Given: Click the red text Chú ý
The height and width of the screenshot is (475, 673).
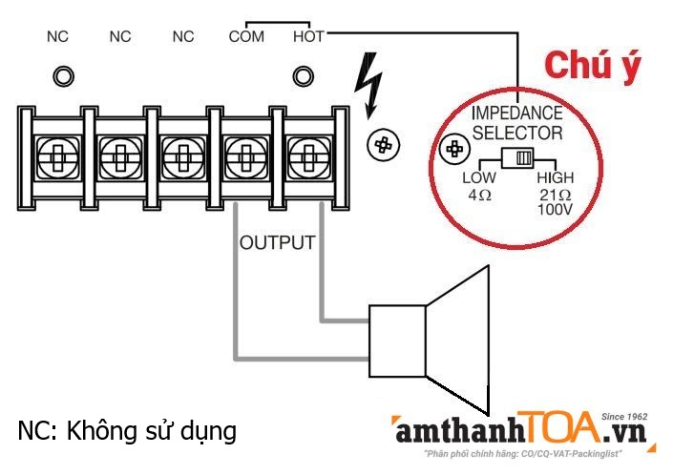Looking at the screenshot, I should tap(592, 65).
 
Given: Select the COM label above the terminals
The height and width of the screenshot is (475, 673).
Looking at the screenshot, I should tap(245, 37).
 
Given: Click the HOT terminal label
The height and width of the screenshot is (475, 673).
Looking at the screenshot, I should tap(308, 37).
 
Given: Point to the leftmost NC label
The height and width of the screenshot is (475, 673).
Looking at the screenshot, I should tap(57, 37).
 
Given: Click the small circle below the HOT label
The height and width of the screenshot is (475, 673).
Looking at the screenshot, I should tap(304, 74).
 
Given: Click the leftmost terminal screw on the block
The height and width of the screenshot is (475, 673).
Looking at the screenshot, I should tap(56, 153).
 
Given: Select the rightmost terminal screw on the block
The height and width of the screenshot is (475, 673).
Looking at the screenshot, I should tap(305, 153).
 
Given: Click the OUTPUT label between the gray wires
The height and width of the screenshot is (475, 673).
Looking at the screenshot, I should tap(277, 242).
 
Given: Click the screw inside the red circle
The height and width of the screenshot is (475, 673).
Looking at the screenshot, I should tap(456, 151).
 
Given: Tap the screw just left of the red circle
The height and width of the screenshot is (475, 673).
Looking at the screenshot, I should tap(384, 145).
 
